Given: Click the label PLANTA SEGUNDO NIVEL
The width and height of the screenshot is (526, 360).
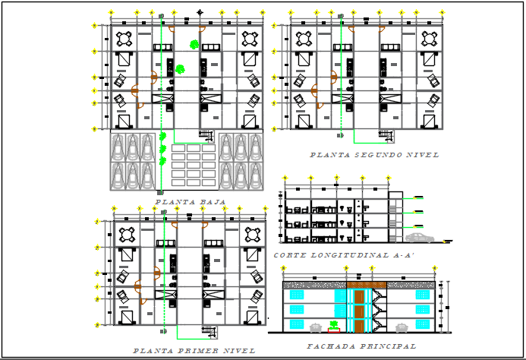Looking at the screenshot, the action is (374, 155).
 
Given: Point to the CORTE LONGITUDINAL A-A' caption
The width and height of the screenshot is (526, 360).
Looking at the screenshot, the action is (345, 256).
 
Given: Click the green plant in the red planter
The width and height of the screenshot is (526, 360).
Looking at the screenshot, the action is (334, 325).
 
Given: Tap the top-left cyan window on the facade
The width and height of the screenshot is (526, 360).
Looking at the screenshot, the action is (294, 295).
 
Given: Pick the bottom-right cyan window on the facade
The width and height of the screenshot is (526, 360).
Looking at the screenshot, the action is (423, 325).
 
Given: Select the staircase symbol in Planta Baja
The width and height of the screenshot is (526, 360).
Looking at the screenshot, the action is (206, 134).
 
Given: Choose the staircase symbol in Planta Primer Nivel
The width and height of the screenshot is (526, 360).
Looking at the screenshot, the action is (208, 331).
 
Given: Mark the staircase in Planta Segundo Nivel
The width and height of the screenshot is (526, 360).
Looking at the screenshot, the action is (386, 134).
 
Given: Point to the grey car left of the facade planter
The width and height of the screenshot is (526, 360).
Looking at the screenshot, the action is (315, 328).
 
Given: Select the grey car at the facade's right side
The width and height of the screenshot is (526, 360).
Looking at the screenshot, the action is (402, 327).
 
